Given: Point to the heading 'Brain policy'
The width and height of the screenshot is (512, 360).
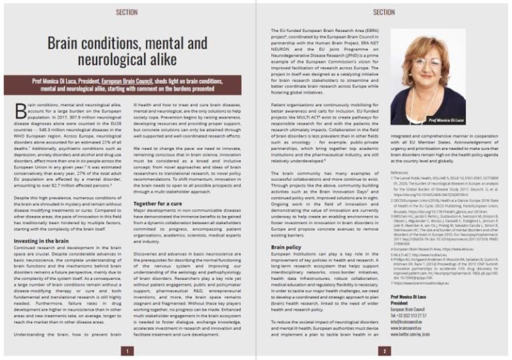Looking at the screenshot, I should tap(286, 247).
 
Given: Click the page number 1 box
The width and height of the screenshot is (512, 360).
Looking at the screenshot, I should tap(127, 350).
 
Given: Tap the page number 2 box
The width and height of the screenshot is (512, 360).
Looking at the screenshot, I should tap(383, 350).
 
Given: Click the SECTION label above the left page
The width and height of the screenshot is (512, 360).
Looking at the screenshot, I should tap(127, 13).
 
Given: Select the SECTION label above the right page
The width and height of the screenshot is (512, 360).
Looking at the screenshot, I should tap(383, 13).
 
